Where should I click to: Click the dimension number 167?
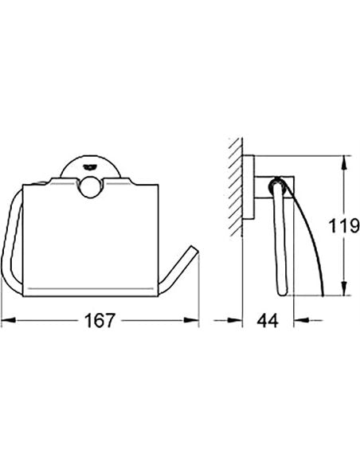100,320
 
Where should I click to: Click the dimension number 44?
268,320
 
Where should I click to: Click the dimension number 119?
344,226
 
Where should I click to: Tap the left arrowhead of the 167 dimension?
8,320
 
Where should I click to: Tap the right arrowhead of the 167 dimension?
192,320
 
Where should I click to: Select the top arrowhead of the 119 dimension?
343,162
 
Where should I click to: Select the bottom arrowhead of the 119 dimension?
343,288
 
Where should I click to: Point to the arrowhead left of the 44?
235,320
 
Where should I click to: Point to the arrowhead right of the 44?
301,320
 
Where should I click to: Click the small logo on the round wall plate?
90,167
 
